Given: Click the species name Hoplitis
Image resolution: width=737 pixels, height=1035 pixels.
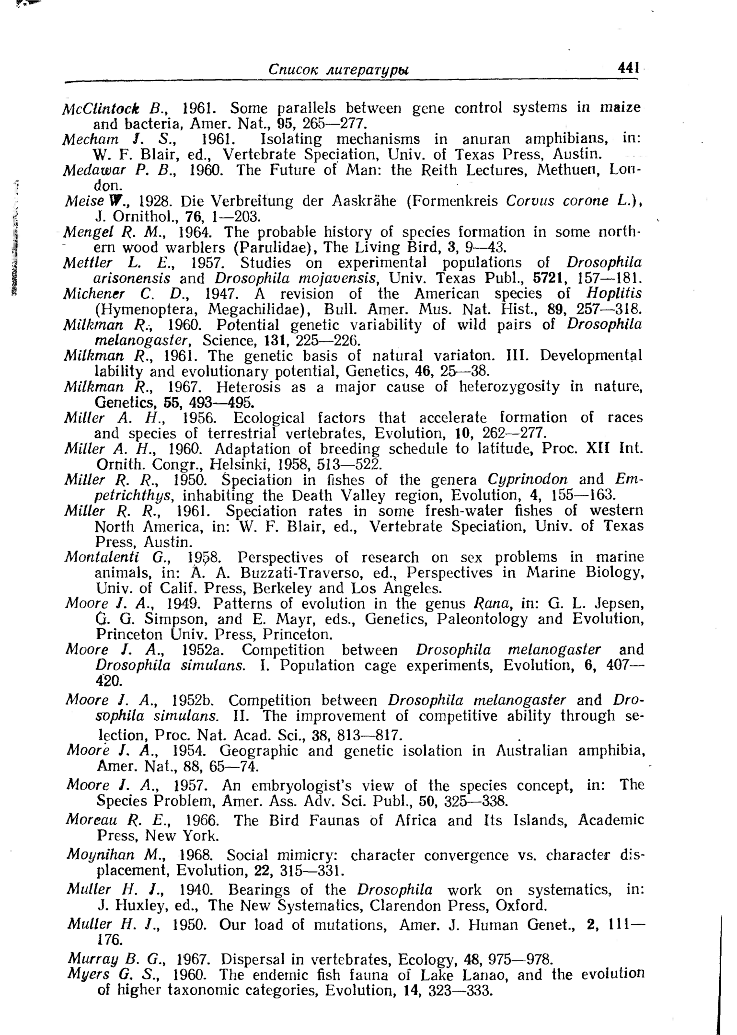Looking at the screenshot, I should click(x=614, y=293).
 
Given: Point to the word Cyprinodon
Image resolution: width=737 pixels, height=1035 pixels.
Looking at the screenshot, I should click(x=527, y=480).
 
